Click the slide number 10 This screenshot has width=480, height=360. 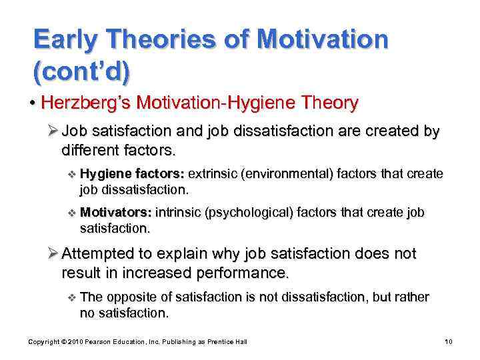click(449, 341)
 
